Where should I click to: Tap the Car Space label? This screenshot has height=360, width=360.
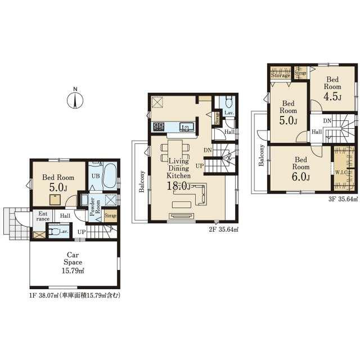pos(73,259)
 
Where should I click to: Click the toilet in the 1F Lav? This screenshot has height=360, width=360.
pos(54,232)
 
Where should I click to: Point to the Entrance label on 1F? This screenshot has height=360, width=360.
pos(43,216)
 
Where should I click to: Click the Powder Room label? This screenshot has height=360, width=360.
pos(95,208)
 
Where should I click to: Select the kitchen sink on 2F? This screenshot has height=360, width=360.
pos(186,127)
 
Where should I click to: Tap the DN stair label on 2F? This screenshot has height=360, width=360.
pos(208,150)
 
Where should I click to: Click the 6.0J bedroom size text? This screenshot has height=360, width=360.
pos(301,176)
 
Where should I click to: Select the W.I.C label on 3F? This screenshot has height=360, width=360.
pos(341,173)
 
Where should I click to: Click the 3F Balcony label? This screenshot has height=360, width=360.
pos(262,155)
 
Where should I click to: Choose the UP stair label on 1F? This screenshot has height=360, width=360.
pos(81,232)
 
